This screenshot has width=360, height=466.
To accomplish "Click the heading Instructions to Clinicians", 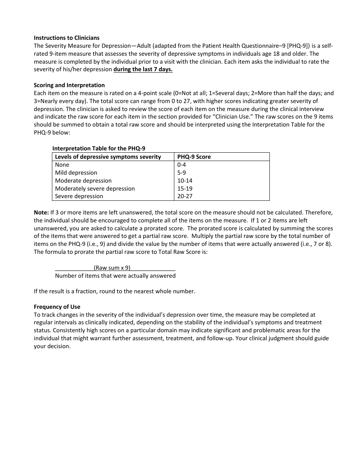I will pyautogui.click(x=66, y=38).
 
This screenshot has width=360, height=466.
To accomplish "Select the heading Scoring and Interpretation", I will pyautogui.click(x=69, y=85).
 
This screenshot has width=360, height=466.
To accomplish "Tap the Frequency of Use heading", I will pyautogui.click(x=57, y=307).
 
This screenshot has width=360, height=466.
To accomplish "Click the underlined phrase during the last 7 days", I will pyautogui.click(x=143, y=69).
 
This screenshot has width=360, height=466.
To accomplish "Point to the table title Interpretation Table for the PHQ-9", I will pyautogui.click(x=99, y=149).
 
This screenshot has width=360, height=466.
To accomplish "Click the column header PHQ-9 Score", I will pyautogui.click(x=194, y=157).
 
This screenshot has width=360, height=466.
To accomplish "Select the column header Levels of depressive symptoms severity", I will pyautogui.click(x=108, y=157).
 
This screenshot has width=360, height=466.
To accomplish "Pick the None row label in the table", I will pyautogui.click(x=62, y=165).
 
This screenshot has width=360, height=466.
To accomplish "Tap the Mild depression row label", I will pyautogui.click(x=76, y=173).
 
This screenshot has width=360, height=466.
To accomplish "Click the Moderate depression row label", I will pyautogui.click(x=83, y=181).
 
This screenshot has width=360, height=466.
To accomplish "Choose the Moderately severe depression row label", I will pyautogui.click(x=95, y=189).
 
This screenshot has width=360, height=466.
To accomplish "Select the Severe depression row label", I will pyautogui.click(x=79, y=196).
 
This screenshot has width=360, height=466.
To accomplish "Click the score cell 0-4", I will pyautogui.click(x=182, y=165).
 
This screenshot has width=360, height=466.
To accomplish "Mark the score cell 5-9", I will pyautogui.click(x=182, y=173).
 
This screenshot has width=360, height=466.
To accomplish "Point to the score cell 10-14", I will pyautogui.click(x=185, y=181).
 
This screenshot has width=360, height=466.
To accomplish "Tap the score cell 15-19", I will pyautogui.click(x=185, y=189).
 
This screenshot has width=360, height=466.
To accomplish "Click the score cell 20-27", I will pyautogui.click(x=185, y=196).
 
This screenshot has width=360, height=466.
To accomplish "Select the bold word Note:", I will pyautogui.click(x=41, y=213).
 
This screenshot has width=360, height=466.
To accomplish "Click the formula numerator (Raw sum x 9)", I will pyautogui.click(x=112, y=267).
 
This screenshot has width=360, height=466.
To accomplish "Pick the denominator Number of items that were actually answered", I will pyautogui.click(x=115, y=276).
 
